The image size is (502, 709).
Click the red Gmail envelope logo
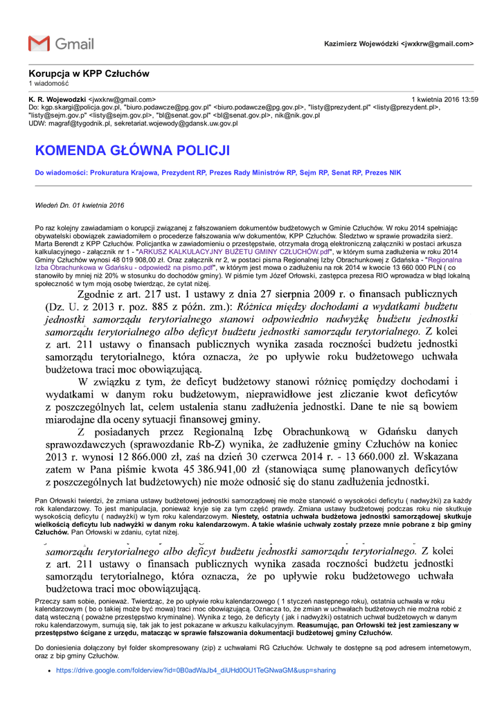(x=39, y=44)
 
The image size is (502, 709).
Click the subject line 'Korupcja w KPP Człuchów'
(x=89, y=73)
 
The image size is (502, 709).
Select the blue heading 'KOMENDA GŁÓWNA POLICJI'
(x=132, y=151)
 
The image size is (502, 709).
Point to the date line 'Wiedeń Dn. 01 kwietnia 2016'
(x=79, y=206)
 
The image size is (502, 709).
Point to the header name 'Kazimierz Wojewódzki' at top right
(x=361, y=44)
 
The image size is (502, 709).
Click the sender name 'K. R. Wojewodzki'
(x=57, y=100)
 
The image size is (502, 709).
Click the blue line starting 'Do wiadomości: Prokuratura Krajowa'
(x=217, y=172)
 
